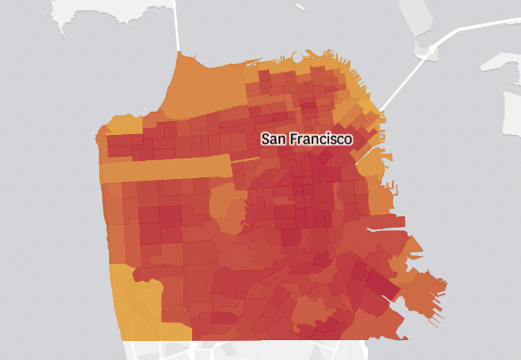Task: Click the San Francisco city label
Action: pos(307,138)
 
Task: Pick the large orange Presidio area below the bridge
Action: pos(208,87)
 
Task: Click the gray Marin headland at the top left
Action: pos(87,17)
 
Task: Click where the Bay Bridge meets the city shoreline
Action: pos(378,110)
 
